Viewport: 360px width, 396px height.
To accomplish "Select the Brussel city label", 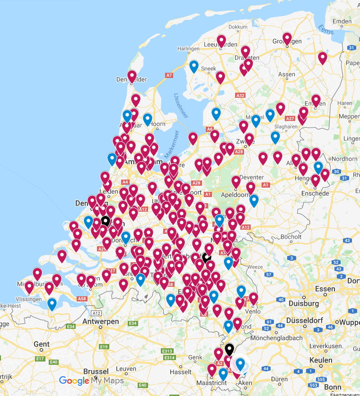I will click(96, 371).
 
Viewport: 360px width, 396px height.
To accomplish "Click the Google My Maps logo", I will click(91, 381).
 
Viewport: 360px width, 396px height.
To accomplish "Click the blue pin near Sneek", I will click(193, 67).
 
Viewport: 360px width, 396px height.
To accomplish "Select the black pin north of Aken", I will click(229, 349).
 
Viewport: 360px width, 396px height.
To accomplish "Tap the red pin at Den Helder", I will click(132, 76).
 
